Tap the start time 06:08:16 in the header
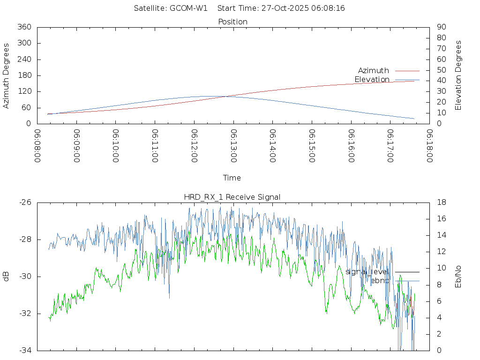[x=329, y=8]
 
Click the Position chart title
[x=233, y=22]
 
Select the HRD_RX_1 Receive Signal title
[x=232, y=197]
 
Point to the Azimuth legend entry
[x=374, y=70]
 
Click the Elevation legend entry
[x=372, y=79]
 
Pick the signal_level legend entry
[x=367, y=271]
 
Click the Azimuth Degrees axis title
[x=7, y=75]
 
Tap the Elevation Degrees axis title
[x=458, y=75]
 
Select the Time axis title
[x=232, y=178]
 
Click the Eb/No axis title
[x=458, y=277]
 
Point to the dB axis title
[x=7, y=277]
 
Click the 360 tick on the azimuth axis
[x=24, y=27]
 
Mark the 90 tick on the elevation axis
[x=441, y=27]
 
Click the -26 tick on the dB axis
[x=25, y=202]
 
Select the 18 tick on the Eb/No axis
[x=441, y=202]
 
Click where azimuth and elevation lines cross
[x=227, y=96]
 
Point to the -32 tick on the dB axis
[x=25, y=314]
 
